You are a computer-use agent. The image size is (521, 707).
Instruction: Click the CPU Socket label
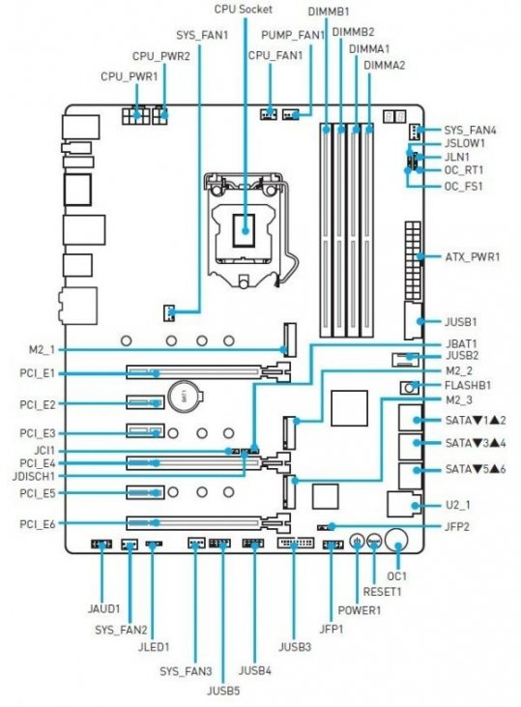click(243, 9)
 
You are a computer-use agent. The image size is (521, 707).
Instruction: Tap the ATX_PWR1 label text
click(473, 257)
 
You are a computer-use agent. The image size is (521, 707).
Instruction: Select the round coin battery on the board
click(185, 397)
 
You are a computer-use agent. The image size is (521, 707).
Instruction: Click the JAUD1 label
click(104, 608)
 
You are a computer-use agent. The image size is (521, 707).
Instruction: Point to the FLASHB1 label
click(468, 386)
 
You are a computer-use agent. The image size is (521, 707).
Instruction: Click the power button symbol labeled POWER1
click(357, 541)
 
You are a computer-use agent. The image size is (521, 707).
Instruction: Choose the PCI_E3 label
click(38, 433)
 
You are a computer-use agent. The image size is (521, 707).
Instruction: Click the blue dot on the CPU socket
click(245, 230)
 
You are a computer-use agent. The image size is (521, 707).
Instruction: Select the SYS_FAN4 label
click(470, 131)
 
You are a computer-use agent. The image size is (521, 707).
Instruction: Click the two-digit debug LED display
click(394, 117)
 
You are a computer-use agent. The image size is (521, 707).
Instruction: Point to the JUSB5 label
click(223, 691)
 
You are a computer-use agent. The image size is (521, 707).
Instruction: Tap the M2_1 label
click(42, 349)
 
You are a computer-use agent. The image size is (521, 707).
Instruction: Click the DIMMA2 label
click(385, 65)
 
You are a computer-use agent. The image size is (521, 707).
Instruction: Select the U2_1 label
click(458, 504)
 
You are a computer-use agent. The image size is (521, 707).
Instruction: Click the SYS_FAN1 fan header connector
click(168, 312)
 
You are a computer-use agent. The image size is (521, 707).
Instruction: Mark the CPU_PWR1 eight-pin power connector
click(135, 116)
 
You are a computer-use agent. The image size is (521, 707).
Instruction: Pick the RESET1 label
click(382, 591)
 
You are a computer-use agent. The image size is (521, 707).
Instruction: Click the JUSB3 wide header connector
click(295, 543)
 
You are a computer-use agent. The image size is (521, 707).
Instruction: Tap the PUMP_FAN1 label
click(293, 35)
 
